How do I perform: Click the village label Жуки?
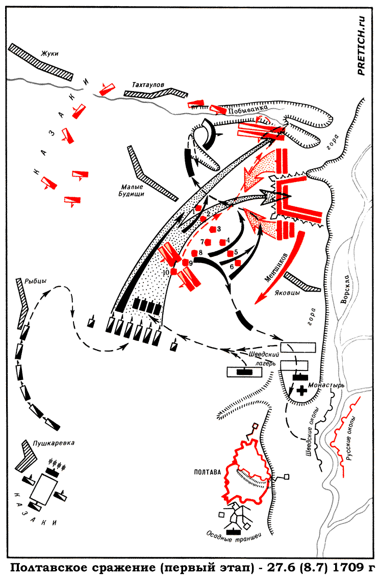click(50, 54)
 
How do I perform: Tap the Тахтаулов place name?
click(148, 85)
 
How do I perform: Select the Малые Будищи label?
click(132, 190)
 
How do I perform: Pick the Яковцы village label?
click(287, 293)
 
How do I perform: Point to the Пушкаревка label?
click(54, 443)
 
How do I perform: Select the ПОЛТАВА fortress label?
click(207, 472)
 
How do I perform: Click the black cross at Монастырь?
click(302, 390)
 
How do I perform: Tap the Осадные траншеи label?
click(234, 536)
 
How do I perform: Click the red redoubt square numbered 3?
click(213, 229)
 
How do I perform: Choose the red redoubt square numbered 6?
click(238, 263)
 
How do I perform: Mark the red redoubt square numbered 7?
click(208, 242)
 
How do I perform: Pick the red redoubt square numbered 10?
click(174, 272)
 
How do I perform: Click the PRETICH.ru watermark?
click(361, 46)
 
